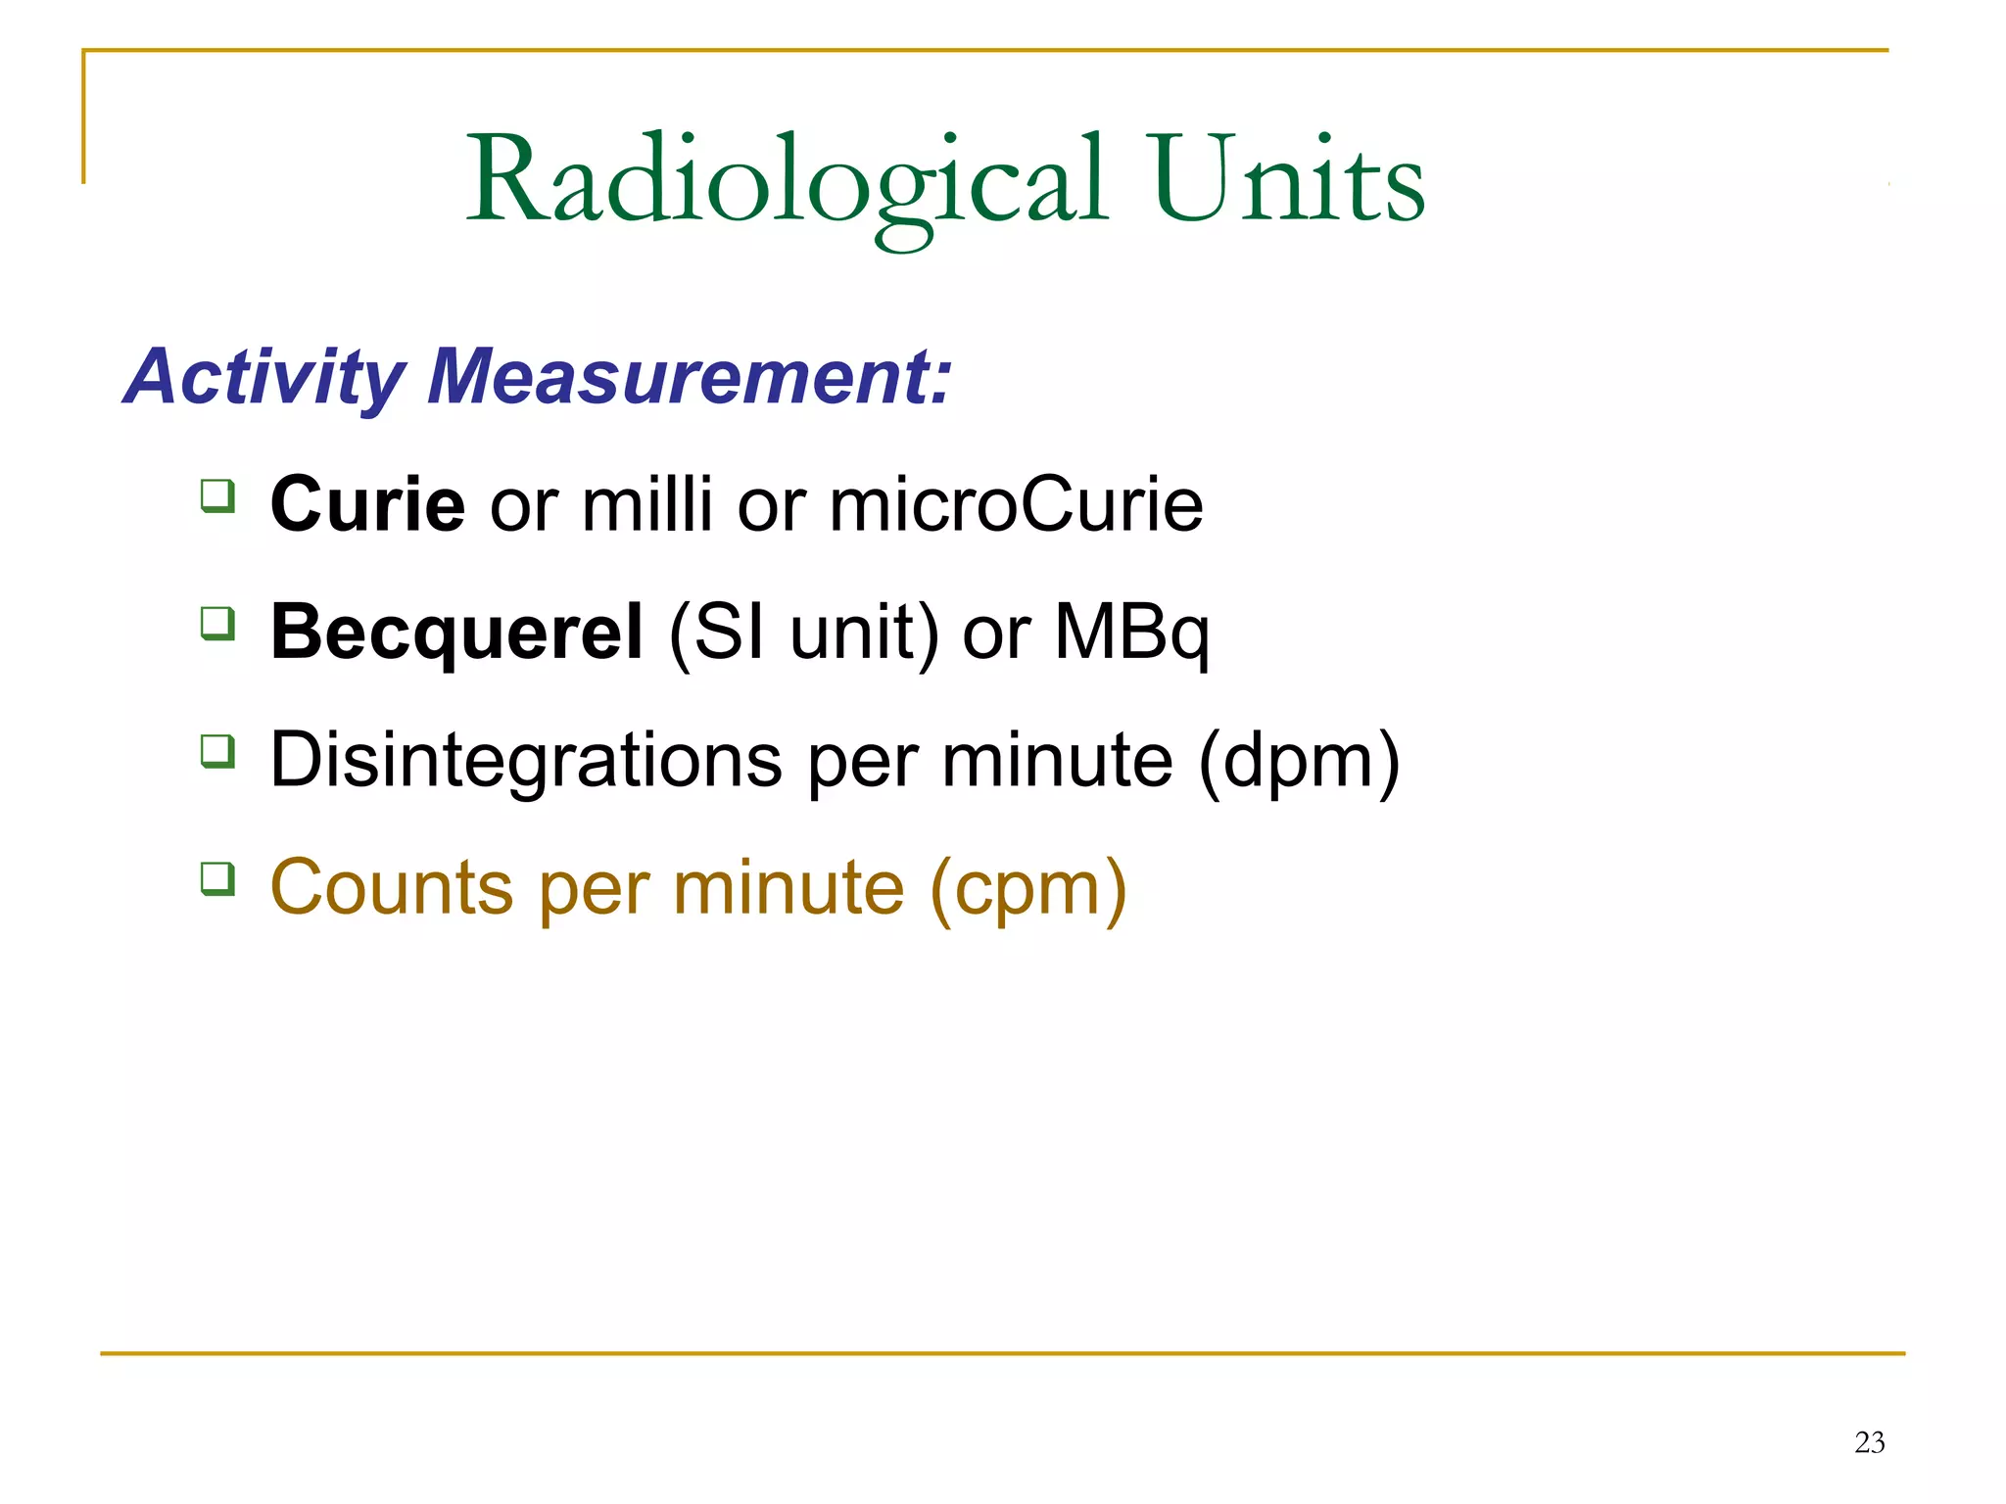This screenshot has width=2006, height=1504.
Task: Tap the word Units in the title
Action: pyautogui.click(x=1287, y=181)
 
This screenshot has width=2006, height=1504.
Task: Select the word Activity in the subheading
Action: pyautogui.click(x=264, y=376)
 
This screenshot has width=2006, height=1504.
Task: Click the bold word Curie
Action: pyautogui.click(x=367, y=504)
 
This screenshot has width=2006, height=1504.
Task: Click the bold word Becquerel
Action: pyautogui.click(x=456, y=632)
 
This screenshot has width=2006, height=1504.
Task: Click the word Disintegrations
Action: pyautogui.click(x=526, y=760)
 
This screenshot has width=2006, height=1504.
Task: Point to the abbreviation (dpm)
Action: pyautogui.click(x=1299, y=762)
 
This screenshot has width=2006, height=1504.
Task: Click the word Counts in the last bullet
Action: pyautogui.click(x=392, y=887)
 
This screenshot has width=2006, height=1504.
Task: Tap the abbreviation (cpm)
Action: pyautogui.click(x=1028, y=889)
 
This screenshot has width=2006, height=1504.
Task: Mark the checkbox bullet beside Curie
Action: pyautogui.click(x=217, y=495)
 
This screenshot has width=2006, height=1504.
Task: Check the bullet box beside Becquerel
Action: pyautogui.click(x=217, y=623)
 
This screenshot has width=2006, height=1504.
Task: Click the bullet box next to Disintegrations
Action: pyautogui.click(x=217, y=751)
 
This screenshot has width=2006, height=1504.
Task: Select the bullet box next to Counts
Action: pyautogui.click(x=217, y=878)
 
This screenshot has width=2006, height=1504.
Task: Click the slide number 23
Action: pyautogui.click(x=1869, y=1442)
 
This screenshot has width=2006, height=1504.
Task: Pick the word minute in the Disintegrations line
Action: pyautogui.click(x=1057, y=760)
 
